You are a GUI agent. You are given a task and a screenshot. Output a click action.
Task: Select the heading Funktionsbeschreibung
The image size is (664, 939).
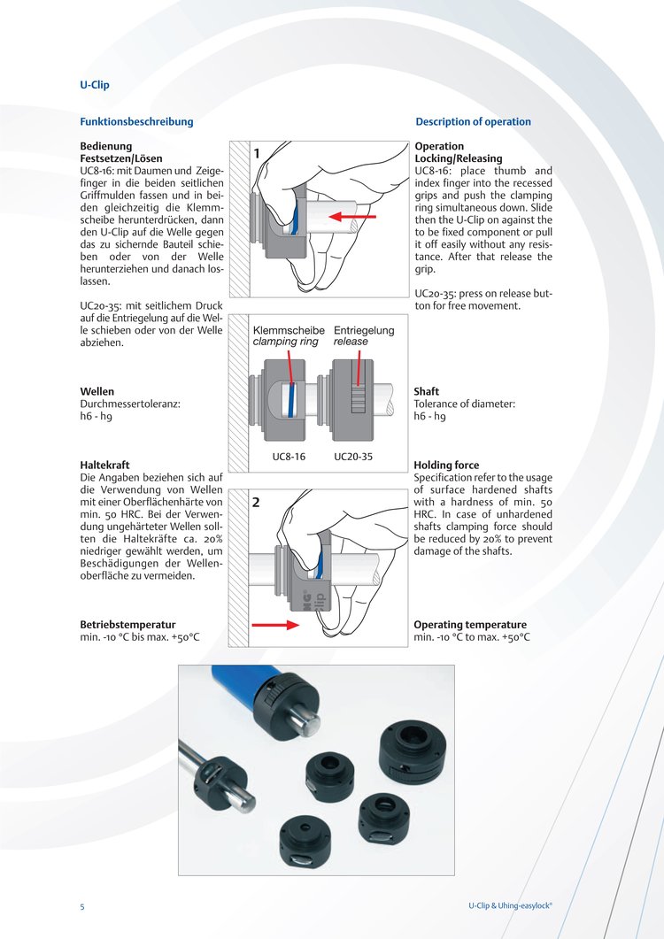136,121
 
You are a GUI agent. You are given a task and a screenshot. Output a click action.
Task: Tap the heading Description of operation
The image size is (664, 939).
473,121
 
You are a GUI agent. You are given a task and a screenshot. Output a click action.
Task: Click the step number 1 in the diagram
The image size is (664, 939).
257,154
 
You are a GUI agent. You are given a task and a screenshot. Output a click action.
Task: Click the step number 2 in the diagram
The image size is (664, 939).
256,503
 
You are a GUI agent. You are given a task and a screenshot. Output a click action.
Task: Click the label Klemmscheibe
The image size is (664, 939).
289,330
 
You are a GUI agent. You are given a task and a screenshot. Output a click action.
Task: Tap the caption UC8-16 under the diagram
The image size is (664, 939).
289,458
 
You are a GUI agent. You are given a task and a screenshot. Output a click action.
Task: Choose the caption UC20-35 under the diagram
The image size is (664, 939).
353,458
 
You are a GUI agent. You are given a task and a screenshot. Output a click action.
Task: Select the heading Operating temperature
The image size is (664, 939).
469,624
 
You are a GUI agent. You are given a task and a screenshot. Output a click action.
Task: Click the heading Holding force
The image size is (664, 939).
446,465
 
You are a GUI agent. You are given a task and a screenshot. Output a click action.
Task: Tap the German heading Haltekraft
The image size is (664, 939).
105,465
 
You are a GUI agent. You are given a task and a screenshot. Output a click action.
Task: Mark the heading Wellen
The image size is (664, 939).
97,391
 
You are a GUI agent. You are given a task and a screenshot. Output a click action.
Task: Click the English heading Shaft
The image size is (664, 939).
426,391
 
